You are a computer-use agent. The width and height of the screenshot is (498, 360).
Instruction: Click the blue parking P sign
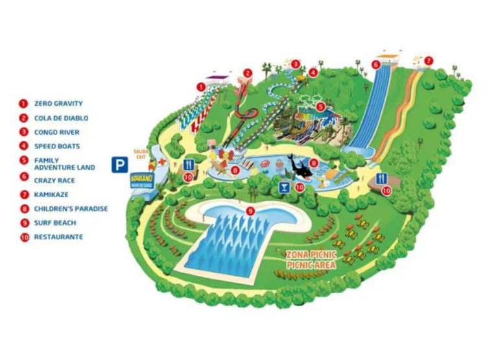[118, 165]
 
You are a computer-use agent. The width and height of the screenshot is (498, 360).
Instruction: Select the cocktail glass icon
[283, 188]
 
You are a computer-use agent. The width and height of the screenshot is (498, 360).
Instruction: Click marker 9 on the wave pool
[251, 210]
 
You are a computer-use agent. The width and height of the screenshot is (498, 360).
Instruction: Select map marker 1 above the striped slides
[201, 86]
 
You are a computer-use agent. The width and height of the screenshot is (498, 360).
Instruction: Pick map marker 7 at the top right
[428, 60]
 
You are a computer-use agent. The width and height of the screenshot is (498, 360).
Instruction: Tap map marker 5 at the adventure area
[320, 106]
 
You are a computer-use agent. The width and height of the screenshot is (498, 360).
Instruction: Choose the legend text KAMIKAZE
[51, 194]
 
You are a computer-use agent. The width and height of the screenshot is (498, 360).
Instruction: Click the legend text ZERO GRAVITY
[58, 103]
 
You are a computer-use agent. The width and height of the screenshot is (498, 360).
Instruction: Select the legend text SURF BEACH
[55, 223]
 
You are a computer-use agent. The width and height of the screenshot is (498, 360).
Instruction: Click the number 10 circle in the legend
[23, 237]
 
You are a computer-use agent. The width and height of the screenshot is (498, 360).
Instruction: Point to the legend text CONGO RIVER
[57, 132]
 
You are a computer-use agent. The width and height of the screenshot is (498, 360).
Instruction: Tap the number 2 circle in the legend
[23, 118]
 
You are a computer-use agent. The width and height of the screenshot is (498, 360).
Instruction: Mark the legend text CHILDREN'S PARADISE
[71, 209]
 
